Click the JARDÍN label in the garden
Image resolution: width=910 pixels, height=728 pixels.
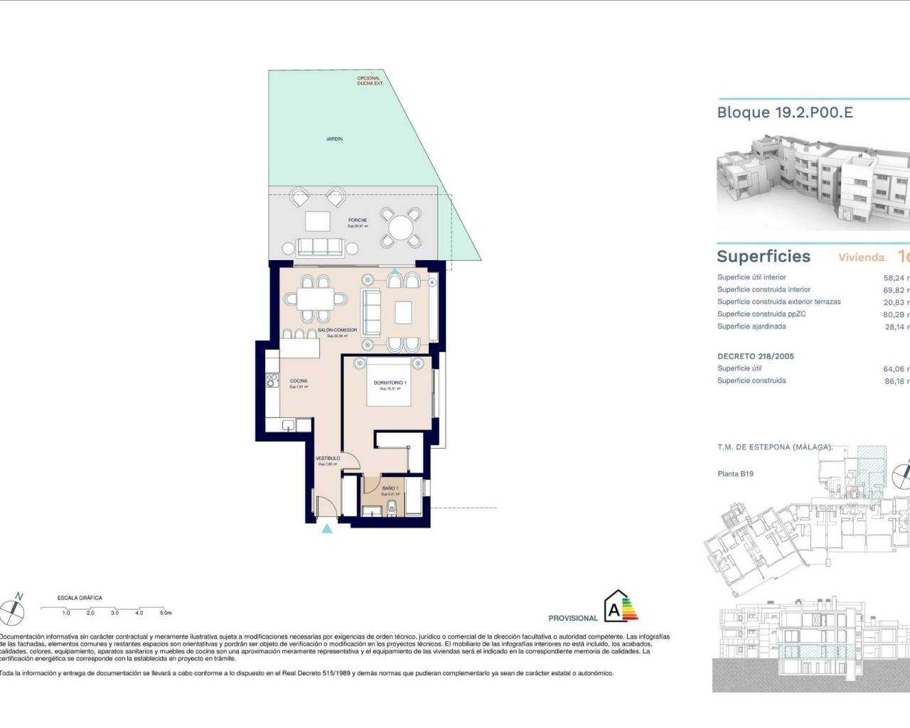pyautogui.click(x=334, y=139)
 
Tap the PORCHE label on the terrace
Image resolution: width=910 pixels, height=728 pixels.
pyautogui.click(x=358, y=220)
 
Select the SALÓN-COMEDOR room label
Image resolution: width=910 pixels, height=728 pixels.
pyautogui.click(x=337, y=331)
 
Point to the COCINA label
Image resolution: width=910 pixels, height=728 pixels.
pyautogui.click(x=299, y=381)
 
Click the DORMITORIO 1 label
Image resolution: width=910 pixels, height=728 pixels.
pyautogui.click(x=390, y=383)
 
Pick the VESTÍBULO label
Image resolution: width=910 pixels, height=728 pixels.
pyautogui.click(x=328, y=459)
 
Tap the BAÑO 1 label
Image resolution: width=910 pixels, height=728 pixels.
pyautogui.click(x=390, y=488)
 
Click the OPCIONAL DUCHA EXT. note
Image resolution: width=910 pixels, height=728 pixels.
pyautogui.click(x=370, y=81)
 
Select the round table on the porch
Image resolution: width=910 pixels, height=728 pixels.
pyautogui.click(x=401, y=227)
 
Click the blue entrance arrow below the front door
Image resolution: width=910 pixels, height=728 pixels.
pyautogui.click(x=326, y=528)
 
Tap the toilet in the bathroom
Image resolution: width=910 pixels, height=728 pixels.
pyautogui.click(x=393, y=508)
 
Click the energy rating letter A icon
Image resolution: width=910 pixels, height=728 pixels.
pyautogui.click(x=613, y=609)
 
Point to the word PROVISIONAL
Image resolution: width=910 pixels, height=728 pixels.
pyautogui.click(x=573, y=619)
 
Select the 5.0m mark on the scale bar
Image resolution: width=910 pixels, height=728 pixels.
pyautogui.click(x=165, y=612)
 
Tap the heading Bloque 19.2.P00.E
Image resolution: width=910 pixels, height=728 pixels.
pyautogui.click(x=785, y=112)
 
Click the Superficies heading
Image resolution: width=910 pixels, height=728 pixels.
pyautogui.click(x=764, y=257)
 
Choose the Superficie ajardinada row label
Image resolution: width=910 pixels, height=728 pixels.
pyautogui.click(x=751, y=326)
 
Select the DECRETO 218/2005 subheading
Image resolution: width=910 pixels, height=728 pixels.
pyautogui.click(x=756, y=356)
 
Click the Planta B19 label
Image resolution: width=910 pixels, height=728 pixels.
pyautogui.click(x=735, y=473)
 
